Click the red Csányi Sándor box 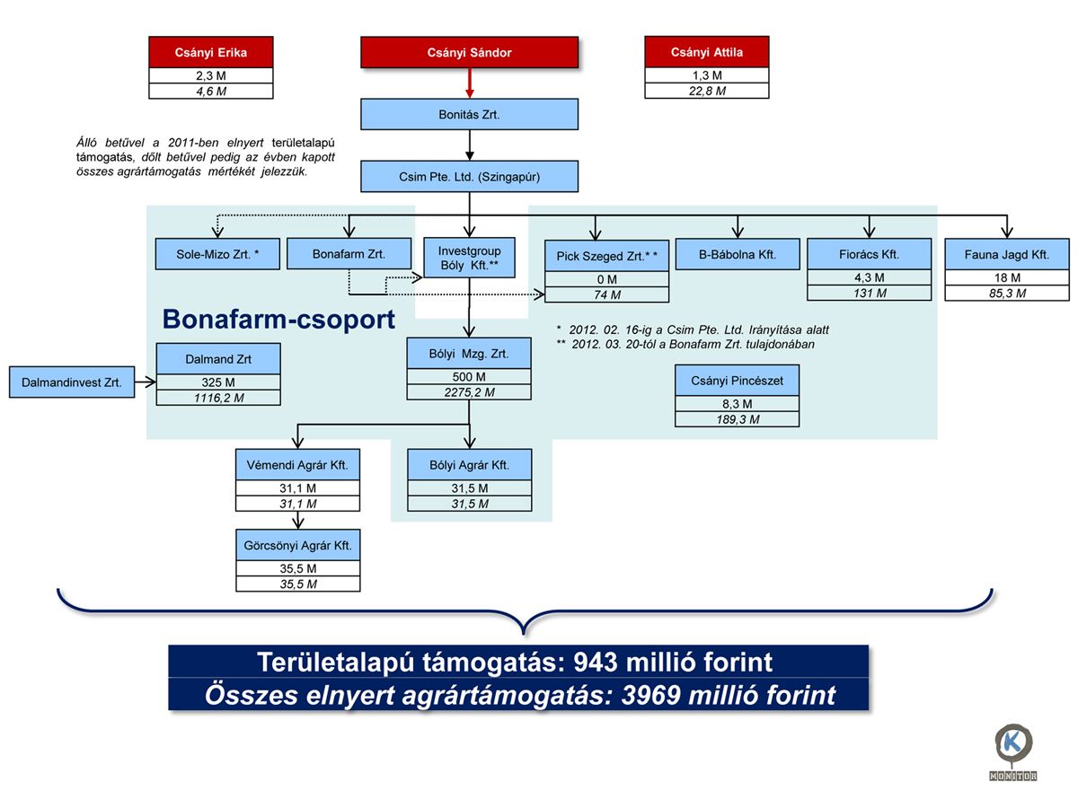469,52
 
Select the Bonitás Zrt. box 469,115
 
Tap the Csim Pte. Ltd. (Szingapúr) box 469,176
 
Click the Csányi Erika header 211,52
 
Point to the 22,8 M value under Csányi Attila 707,91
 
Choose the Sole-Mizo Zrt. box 218,254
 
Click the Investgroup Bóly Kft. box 469,258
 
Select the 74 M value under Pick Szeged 606,294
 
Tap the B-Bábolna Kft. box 738,254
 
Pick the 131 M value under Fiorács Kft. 870,293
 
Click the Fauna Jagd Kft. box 1007,254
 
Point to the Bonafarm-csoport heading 278,320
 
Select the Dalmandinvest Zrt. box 72,382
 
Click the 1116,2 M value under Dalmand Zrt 218,398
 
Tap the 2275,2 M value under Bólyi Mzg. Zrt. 469,392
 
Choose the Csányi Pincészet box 737,381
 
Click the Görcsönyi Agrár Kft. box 298,545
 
